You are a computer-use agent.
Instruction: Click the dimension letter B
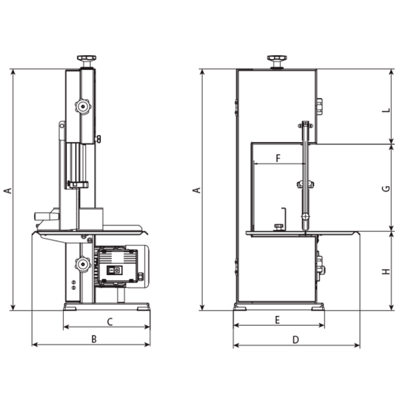coord(93,339)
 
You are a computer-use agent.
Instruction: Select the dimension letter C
coord(109,322)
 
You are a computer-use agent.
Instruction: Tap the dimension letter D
coord(295,340)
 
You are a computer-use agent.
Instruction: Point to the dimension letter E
coord(277,320)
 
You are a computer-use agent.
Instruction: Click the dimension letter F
coord(278,158)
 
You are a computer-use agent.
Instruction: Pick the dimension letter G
coord(386,188)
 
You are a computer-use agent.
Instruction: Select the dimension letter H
coord(386,271)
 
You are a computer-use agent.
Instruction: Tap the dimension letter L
coord(386,110)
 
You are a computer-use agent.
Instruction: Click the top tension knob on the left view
coord(87,59)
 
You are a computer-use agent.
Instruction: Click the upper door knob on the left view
coord(83,106)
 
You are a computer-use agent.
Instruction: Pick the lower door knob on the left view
coord(83,264)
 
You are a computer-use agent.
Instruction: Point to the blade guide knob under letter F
coord(305,184)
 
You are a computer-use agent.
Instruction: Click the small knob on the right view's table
coord(278,227)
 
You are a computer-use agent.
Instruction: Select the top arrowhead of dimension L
coord(391,71)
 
